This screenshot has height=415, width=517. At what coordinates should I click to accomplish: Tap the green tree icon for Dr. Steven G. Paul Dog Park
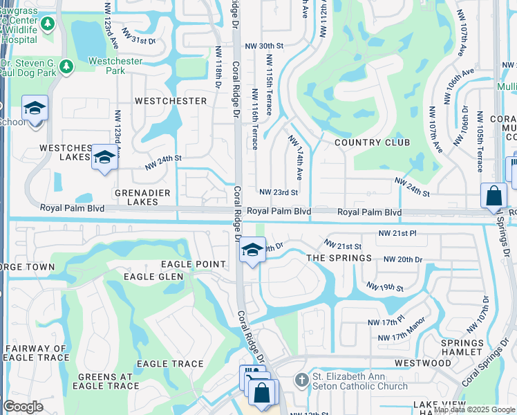point(66,66)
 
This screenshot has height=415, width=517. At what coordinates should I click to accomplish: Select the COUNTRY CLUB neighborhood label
point(372,142)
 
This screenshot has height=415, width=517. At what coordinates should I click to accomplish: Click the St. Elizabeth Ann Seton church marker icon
point(301,380)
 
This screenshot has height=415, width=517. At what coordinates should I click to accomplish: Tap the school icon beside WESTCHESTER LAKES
point(104,157)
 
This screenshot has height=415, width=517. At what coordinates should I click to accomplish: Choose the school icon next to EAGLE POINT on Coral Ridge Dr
point(253,250)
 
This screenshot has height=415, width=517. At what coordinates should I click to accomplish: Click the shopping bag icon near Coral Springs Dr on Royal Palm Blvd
point(495,196)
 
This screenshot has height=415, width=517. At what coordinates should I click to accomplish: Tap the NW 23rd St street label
point(279,192)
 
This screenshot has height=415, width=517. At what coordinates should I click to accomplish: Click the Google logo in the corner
point(23,407)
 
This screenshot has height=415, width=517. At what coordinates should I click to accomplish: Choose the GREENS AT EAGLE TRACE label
point(106,382)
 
